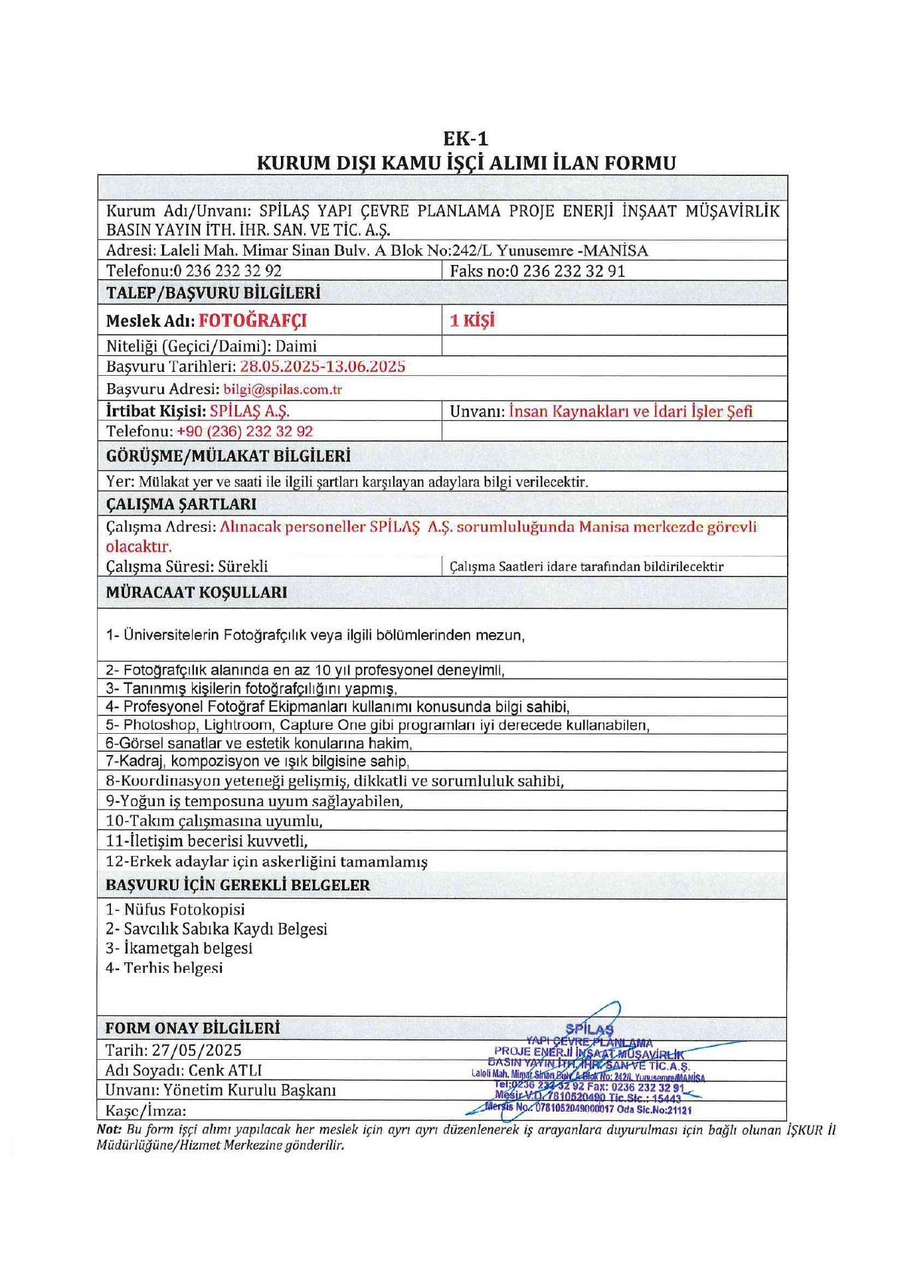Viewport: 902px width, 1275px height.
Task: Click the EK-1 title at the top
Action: (x=466, y=138)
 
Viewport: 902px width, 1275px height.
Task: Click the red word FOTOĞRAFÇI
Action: (x=252, y=321)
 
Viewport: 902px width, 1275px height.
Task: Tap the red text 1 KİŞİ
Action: (x=472, y=321)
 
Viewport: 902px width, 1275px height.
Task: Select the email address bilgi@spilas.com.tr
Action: (x=282, y=389)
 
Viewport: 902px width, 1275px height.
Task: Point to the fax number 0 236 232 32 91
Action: (x=567, y=271)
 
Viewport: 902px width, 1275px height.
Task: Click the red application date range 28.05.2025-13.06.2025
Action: (x=322, y=367)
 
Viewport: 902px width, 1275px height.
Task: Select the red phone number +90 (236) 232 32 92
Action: (x=244, y=431)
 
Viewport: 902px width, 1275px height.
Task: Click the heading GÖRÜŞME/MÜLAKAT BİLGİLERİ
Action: (x=228, y=456)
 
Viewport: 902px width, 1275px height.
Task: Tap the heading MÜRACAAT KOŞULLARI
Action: (x=197, y=592)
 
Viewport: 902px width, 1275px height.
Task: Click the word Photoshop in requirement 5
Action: (x=160, y=724)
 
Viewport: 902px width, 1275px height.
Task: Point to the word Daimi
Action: (x=296, y=346)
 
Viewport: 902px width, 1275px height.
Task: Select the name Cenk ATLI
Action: (x=225, y=1070)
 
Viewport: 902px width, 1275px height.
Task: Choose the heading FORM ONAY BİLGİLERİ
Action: (x=193, y=1028)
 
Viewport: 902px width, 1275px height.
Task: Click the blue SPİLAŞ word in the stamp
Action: (x=589, y=1030)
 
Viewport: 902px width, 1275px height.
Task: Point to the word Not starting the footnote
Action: (x=108, y=1129)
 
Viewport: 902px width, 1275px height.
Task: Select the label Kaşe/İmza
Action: (x=145, y=1110)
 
